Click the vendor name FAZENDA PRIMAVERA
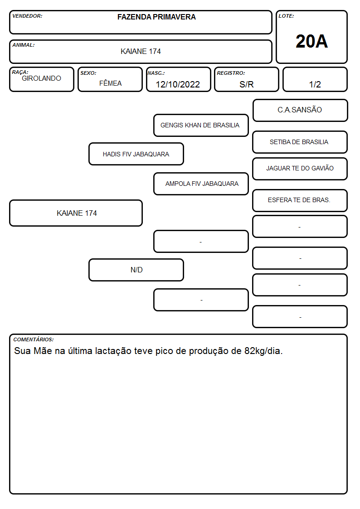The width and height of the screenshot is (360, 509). point(156,17)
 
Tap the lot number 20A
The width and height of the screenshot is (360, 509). point(311,41)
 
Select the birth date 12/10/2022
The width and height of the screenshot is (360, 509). point(178,84)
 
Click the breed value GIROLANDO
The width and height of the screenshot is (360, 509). point(41,78)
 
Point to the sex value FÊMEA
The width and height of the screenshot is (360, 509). point(110,83)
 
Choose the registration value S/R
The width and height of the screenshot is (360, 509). point(246,84)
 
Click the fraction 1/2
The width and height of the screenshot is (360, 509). point(315,84)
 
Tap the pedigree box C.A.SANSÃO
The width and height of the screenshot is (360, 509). point(300,111)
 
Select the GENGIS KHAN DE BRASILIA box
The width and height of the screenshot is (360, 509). point(201,125)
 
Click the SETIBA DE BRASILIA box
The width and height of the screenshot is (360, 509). point(300,142)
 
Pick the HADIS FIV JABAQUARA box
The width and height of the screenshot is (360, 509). point(136,154)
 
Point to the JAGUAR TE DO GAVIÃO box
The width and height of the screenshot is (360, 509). point(300,169)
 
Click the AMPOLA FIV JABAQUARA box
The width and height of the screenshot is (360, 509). point(201,184)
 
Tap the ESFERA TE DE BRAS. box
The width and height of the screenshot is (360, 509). point(300,200)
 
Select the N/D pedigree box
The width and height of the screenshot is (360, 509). point(136,270)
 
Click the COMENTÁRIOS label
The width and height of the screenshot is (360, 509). point(34,339)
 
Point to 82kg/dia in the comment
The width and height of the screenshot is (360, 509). point(263,351)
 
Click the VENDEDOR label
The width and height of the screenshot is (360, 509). point(27,16)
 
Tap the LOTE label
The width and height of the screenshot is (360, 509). point(286,16)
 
